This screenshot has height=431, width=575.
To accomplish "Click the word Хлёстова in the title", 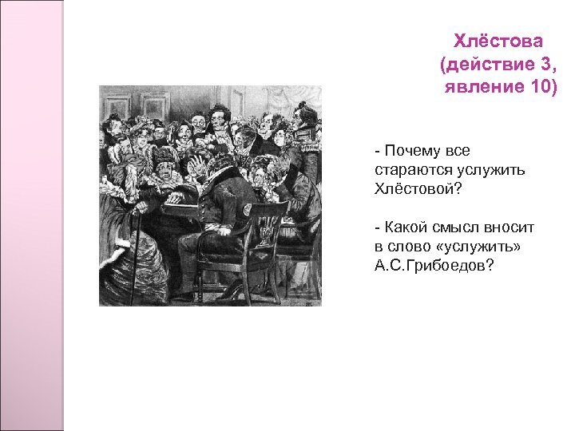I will click(498, 41).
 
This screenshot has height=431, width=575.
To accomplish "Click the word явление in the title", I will click(476, 86).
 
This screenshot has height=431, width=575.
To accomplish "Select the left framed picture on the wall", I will click(117, 105).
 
